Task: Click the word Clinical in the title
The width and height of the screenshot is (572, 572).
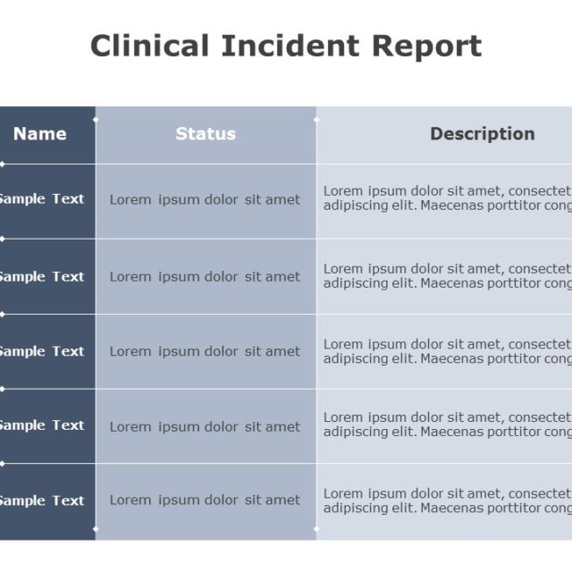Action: pos(149,46)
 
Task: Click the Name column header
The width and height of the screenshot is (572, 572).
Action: pos(40,134)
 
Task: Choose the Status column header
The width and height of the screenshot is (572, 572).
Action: pos(206,134)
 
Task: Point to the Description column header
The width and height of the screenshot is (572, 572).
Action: pos(482,134)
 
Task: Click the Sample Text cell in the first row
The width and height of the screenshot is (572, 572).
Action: pos(41,199)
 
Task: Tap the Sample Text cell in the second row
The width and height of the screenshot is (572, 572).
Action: pos(41,276)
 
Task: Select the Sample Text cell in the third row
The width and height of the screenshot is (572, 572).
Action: pos(41,351)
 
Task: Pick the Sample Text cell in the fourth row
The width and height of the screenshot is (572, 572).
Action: pos(41,425)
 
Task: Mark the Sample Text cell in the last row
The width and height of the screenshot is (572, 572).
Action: pos(41,500)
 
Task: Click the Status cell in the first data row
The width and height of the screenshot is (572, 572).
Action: pos(205,199)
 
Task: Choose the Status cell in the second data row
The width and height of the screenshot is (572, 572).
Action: pos(205,276)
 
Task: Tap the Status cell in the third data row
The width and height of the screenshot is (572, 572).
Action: pos(205,351)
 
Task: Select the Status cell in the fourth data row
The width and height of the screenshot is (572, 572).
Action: pos(205,426)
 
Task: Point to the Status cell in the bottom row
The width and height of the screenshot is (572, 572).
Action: pos(205,500)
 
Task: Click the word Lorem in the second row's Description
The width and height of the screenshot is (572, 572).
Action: pos(343,268)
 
